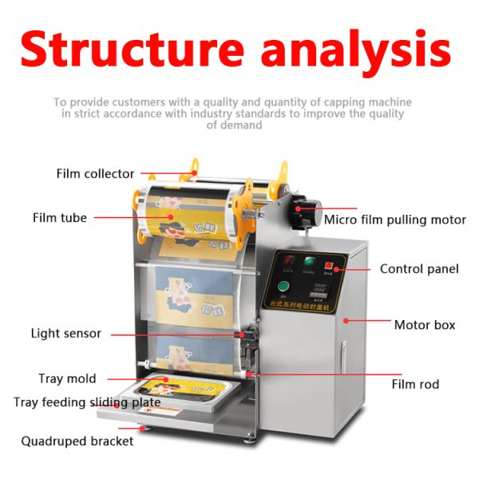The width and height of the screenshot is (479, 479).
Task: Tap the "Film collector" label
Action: (x=95, y=173)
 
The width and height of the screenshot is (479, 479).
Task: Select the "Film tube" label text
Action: (x=60, y=217)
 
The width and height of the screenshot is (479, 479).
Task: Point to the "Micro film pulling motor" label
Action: (x=394, y=219)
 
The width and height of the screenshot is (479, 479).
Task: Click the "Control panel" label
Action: (x=419, y=269)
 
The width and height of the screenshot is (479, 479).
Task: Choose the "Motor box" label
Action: (x=425, y=325)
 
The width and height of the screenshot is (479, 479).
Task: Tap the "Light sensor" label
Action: (x=66, y=333)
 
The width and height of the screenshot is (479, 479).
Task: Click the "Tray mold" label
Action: (x=67, y=378)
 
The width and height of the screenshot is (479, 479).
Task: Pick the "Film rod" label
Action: (x=415, y=384)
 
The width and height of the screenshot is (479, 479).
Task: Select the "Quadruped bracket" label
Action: (x=77, y=441)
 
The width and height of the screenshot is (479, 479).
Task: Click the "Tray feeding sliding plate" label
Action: (x=87, y=402)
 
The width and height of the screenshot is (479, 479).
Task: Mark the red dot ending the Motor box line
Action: (x=346, y=321)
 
